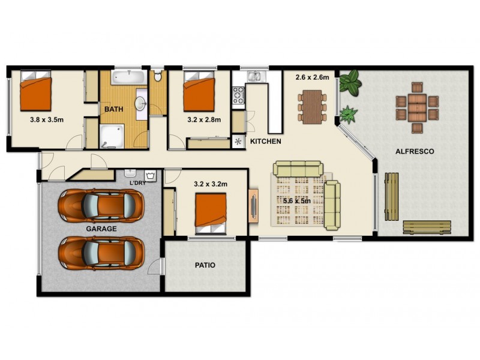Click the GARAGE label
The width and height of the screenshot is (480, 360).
[x=101, y=229]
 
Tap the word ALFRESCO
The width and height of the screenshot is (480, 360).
[x=415, y=151]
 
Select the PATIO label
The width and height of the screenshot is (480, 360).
[x=205, y=265]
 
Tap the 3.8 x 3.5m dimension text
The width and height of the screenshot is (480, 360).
[x=47, y=119]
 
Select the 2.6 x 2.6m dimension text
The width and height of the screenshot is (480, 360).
[x=312, y=77]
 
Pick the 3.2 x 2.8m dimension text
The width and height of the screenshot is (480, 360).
[x=204, y=119]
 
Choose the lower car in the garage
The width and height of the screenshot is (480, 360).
[x=101, y=253]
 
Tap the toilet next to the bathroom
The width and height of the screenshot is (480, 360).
[x=157, y=76]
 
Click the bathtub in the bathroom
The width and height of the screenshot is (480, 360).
[x=127, y=77]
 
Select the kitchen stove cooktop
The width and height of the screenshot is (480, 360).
[x=238, y=95]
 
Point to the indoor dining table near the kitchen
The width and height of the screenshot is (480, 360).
[x=313, y=106]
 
